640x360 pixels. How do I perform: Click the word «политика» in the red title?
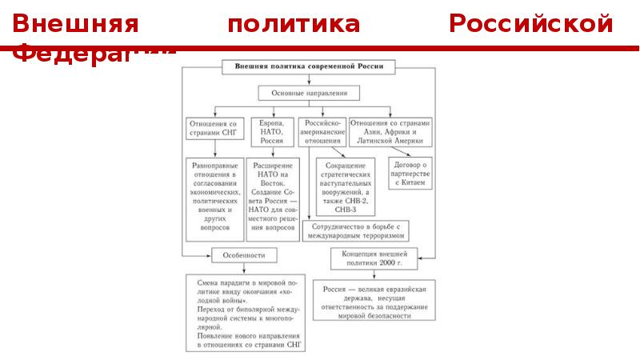click(x=294, y=24)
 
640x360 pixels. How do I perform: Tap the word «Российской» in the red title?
click(x=531, y=24)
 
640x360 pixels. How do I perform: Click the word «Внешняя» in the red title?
click(x=77, y=24)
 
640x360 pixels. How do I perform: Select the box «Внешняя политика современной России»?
click(x=308, y=68)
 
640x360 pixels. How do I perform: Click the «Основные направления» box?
click(x=309, y=94)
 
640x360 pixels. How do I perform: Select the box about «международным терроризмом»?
click(x=355, y=231)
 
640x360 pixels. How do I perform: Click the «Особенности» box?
click(x=245, y=255)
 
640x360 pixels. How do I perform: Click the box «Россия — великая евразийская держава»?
click(x=374, y=301)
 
